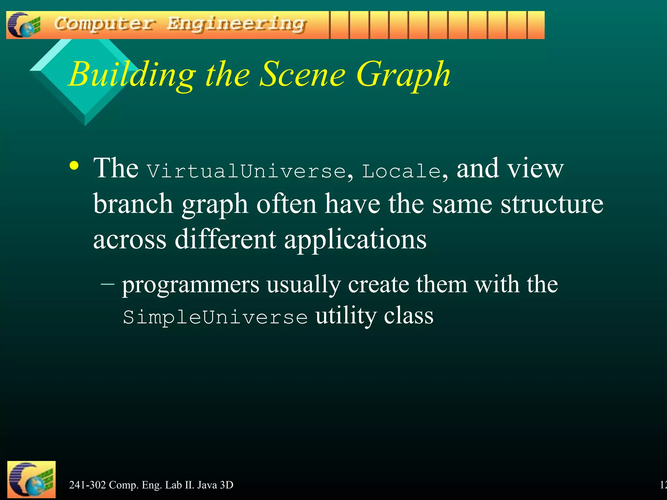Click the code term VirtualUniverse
click(246, 171)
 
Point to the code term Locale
click(401, 171)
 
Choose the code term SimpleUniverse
click(215, 317)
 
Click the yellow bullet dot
click(74, 166)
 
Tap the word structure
click(552, 204)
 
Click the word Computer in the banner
click(104, 24)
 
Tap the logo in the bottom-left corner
click(31, 479)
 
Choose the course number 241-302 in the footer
click(87, 485)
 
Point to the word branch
click(133, 204)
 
